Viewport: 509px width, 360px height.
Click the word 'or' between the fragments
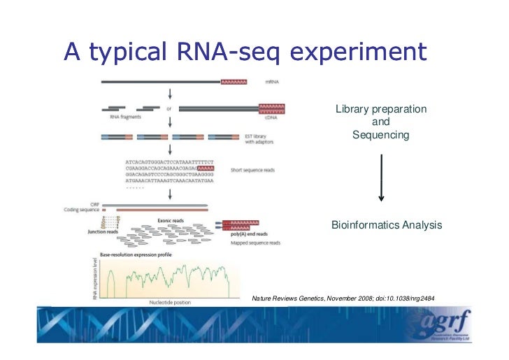coord(169,108)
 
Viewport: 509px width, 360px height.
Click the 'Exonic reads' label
coord(172,217)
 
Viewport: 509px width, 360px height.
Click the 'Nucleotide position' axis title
coord(166,302)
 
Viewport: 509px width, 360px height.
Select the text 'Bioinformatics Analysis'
coord(386,225)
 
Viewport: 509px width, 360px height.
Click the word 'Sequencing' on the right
coord(380,134)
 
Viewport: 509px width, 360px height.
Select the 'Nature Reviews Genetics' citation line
coord(343,298)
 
